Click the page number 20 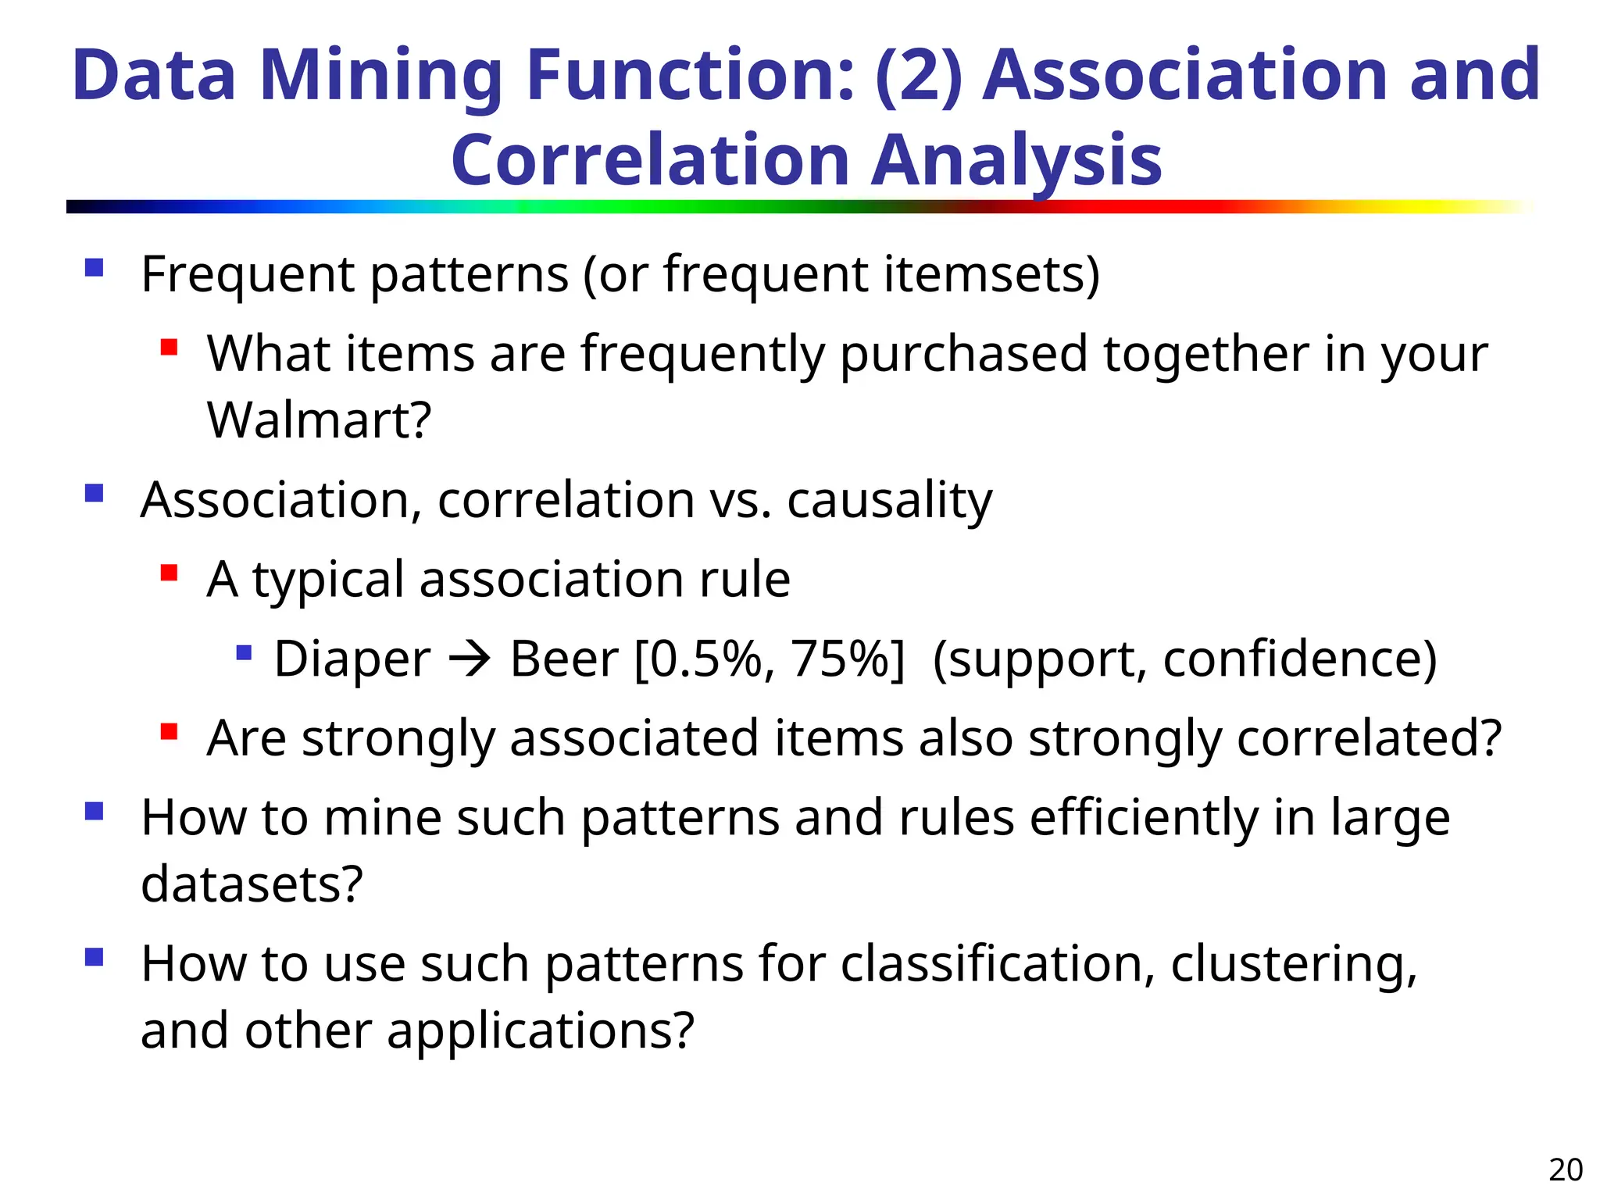[x=1566, y=1170]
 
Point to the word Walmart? [x=319, y=420]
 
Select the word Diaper [x=352, y=659]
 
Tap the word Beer [x=563, y=659]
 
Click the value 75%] [x=847, y=659]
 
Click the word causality [x=889, y=500]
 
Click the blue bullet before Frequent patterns [x=95, y=268]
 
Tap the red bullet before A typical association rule [x=169, y=573]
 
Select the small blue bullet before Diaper [x=244, y=652]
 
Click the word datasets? [x=252, y=884]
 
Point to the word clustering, [x=1293, y=964]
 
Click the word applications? [x=540, y=1030]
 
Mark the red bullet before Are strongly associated [x=169, y=732]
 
